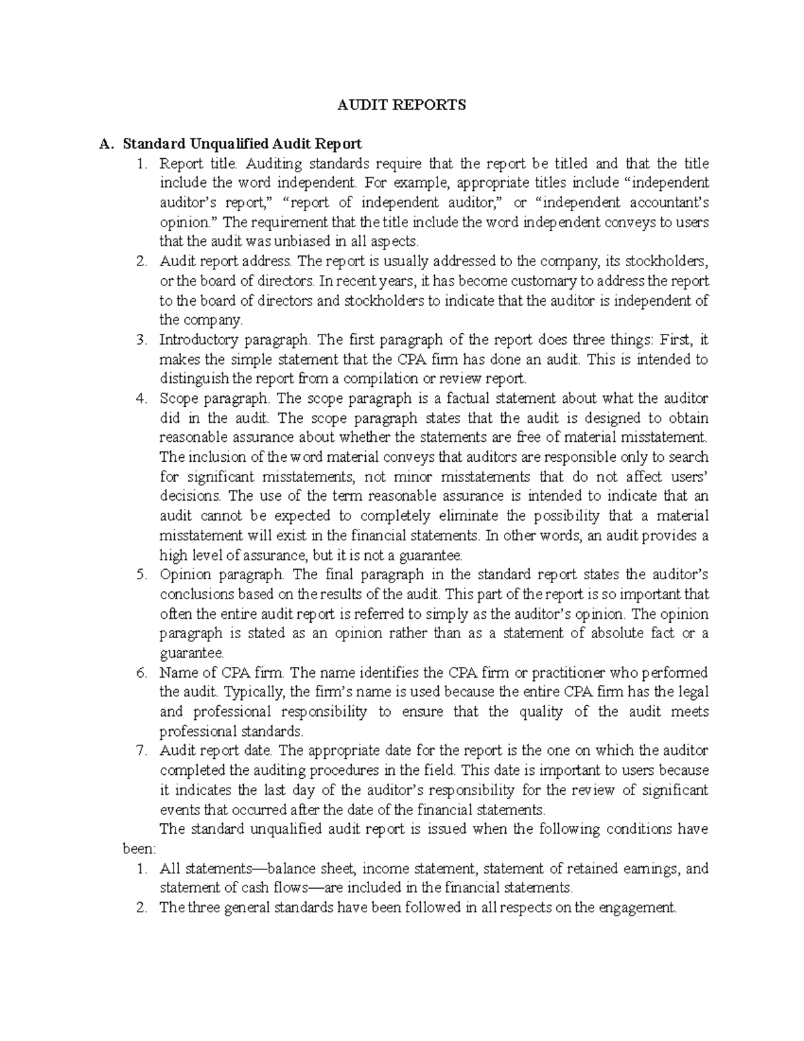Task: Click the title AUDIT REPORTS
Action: pyautogui.click(x=401, y=105)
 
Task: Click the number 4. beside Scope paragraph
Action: pyautogui.click(x=140, y=399)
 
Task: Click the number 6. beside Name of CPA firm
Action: pyautogui.click(x=140, y=673)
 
